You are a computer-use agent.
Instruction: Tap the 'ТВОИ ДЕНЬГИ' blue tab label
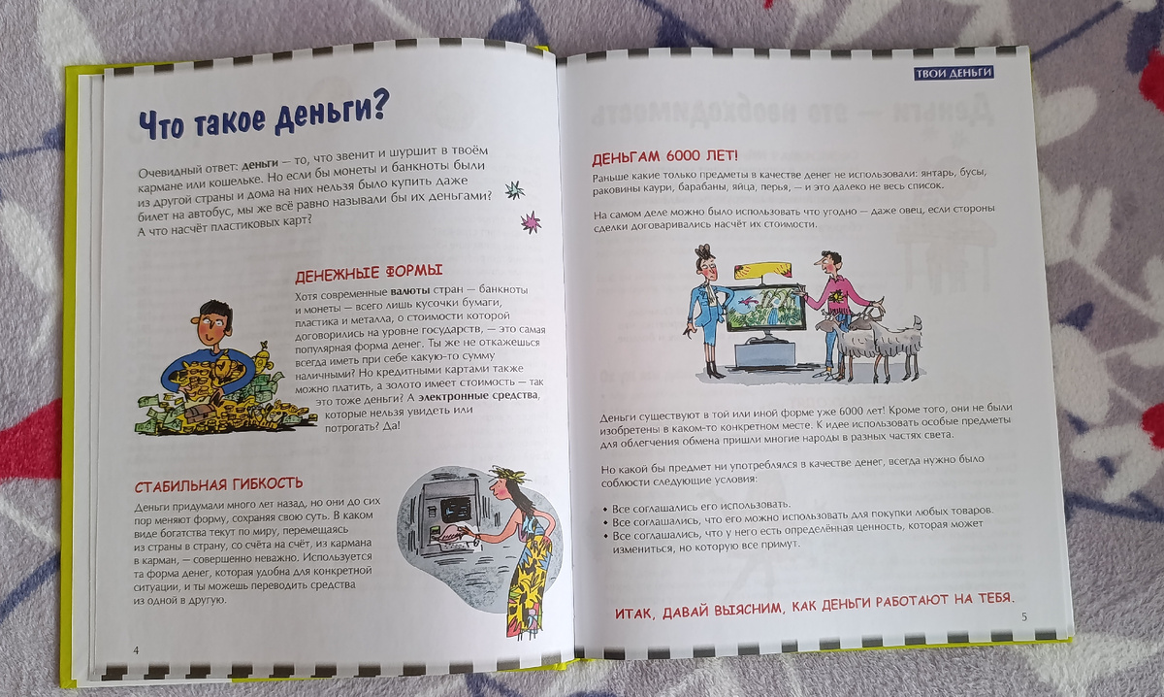[x=954, y=73]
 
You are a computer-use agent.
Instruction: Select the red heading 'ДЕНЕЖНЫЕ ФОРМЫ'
[x=369, y=273]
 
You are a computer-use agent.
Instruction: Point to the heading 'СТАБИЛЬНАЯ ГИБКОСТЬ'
[x=218, y=484]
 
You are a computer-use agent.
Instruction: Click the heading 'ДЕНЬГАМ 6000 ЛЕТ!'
[x=664, y=156]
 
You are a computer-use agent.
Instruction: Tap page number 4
[x=136, y=650]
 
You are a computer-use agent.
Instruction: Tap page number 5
[x=1024, y=616]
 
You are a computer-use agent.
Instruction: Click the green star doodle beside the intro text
[x=514, y=190]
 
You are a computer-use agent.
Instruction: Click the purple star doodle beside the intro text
[x=532, y=222]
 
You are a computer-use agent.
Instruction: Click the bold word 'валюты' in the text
[x=410, y=291]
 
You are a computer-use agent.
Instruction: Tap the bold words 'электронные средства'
[x=478, y=396]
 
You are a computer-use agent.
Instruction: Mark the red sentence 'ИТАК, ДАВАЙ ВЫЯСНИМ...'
[x=814, y=606]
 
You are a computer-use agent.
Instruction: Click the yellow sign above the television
[x=762, y=271]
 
